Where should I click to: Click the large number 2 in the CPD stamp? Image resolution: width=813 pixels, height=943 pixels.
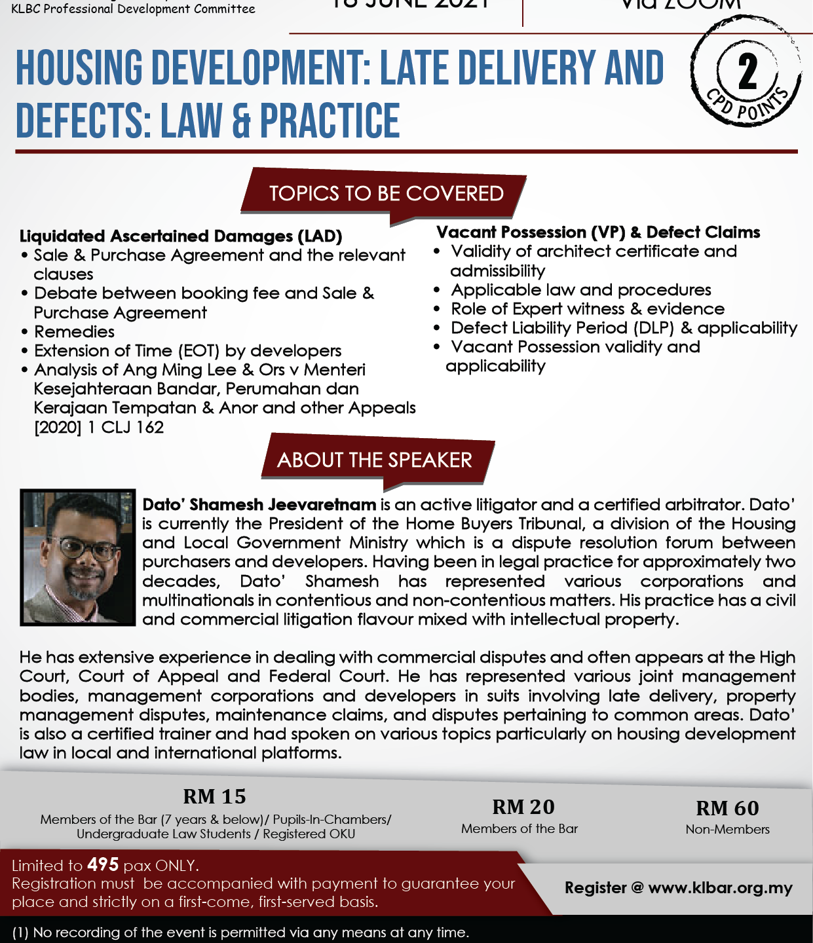tap(747, 72)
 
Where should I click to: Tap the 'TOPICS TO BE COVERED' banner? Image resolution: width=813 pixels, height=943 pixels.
tap(386, 194)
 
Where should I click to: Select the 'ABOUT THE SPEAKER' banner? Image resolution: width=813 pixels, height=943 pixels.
tap(374, 460)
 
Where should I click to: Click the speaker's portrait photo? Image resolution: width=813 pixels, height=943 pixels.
tap(77, 557)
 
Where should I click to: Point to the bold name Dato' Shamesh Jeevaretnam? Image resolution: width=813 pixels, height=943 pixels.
tap(259, 505)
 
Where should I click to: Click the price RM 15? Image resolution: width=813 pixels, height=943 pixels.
tap(214, 796)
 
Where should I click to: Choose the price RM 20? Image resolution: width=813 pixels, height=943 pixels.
tap(523, 807)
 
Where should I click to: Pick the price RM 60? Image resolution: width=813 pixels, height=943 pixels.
tap(727, 808)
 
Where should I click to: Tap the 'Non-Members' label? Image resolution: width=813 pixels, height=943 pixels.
tap(727, 829)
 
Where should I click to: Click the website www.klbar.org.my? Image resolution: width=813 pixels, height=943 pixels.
tap(720, 888)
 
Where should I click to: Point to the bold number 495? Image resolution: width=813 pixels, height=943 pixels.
tap(103, 865)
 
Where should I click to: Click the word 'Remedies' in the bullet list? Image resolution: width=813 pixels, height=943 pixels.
tap(74, 332)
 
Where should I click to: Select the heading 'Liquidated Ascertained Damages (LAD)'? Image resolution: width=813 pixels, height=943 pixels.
tap(181, 236)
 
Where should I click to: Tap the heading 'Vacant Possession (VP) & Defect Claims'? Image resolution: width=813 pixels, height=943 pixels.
tap(598, 232)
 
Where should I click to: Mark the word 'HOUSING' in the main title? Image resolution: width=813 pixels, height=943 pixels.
tap(79, 69)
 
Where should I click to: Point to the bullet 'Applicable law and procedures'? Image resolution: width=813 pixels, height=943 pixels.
tap(581, 290)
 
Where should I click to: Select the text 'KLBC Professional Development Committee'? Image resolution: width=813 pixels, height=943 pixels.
tap(133, 9)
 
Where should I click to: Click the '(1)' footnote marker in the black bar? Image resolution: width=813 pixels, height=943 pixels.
tap(20, 932)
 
